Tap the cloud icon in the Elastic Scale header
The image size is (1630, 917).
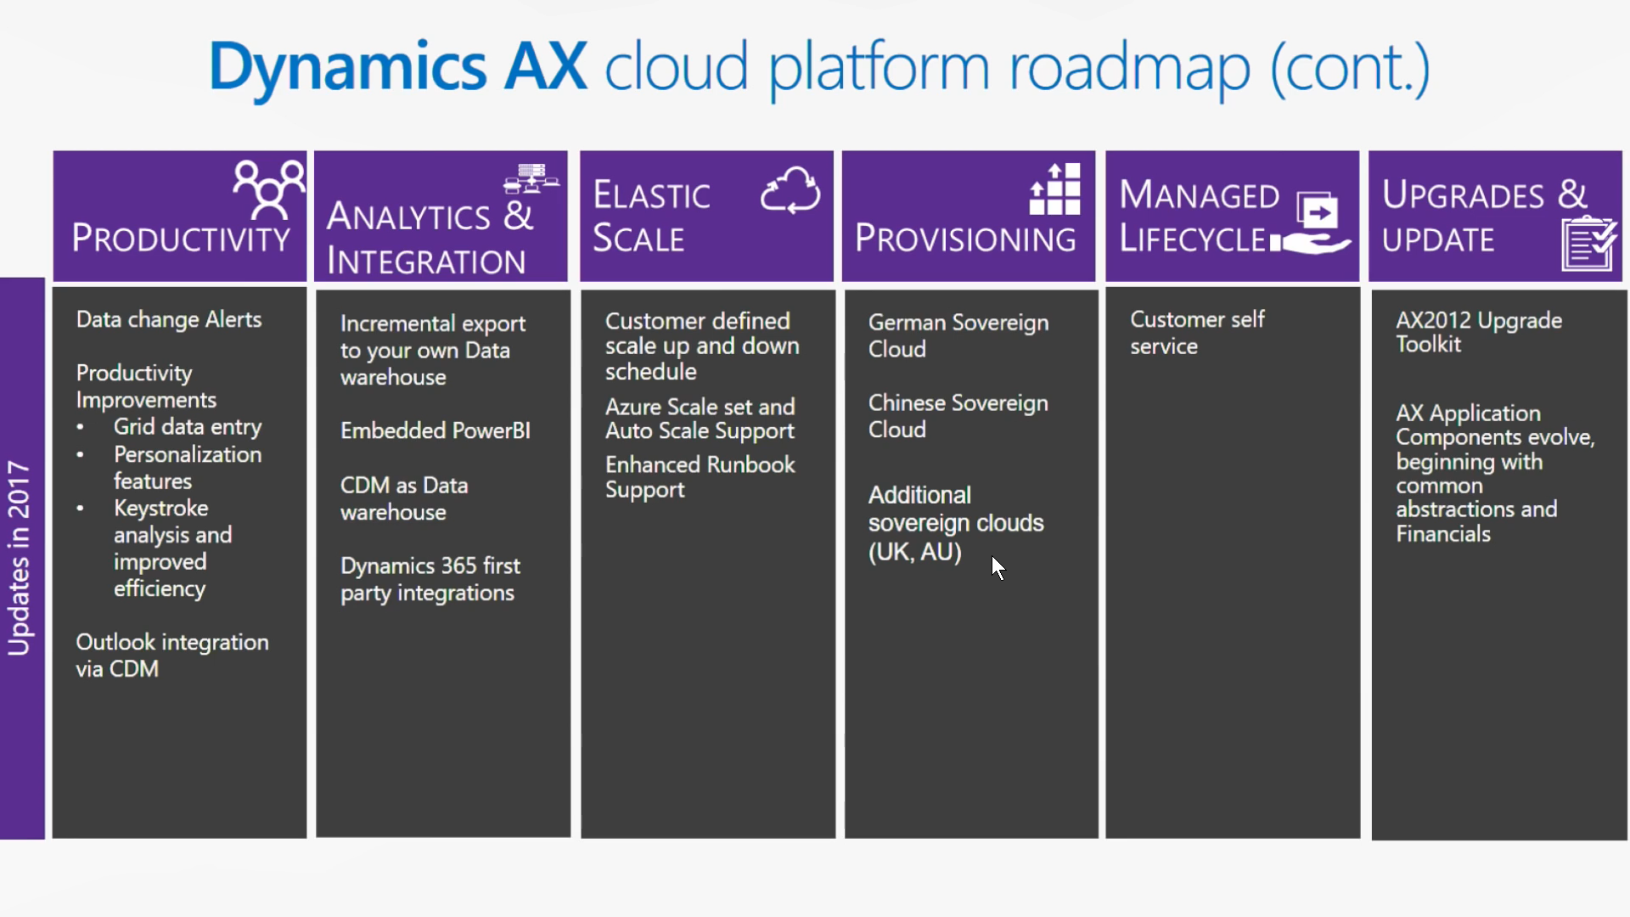[x=790, y=190]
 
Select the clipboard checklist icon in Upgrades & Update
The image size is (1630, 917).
[x=1588, y=245]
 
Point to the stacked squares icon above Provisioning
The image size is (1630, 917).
[x=1055, y=189]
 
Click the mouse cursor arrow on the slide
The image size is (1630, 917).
[x=998, y=568]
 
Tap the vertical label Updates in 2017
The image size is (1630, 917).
[x=19, y=558]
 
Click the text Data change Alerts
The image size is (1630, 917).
[x=169, y=320]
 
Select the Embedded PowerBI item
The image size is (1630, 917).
[x=436, y=430]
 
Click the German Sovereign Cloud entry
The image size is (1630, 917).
[x=958, y=335]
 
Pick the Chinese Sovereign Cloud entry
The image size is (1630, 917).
[x=958, y=416]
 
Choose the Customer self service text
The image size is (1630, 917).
[x=1197, y=333]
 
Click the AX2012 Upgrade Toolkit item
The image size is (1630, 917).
[x=1479, y=332]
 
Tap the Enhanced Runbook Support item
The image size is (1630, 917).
[x=700, y=477]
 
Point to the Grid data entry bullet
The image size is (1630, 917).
[x=188, y=427]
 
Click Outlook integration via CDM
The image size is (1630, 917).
[x=172, y=655]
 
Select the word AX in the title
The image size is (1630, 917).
[x=545, y=66]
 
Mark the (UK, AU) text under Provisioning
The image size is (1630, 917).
[x=915, y=552]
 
